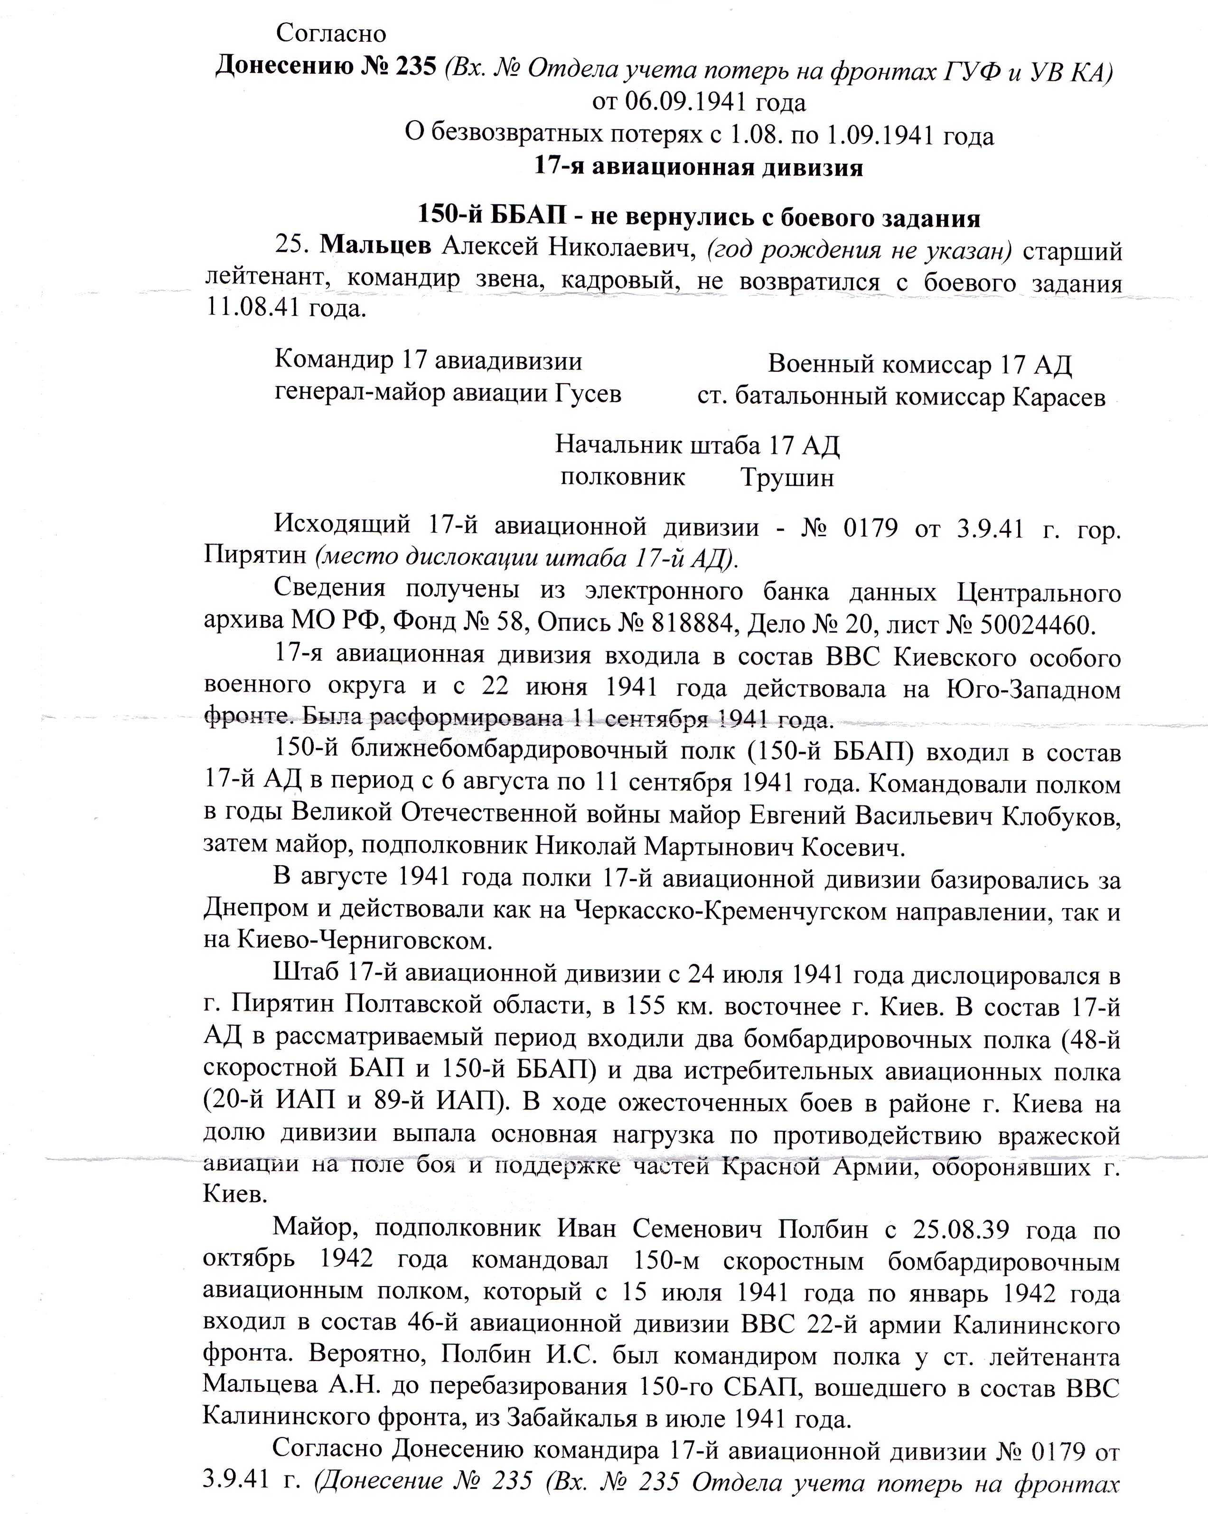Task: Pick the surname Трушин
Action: pos(787,478)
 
